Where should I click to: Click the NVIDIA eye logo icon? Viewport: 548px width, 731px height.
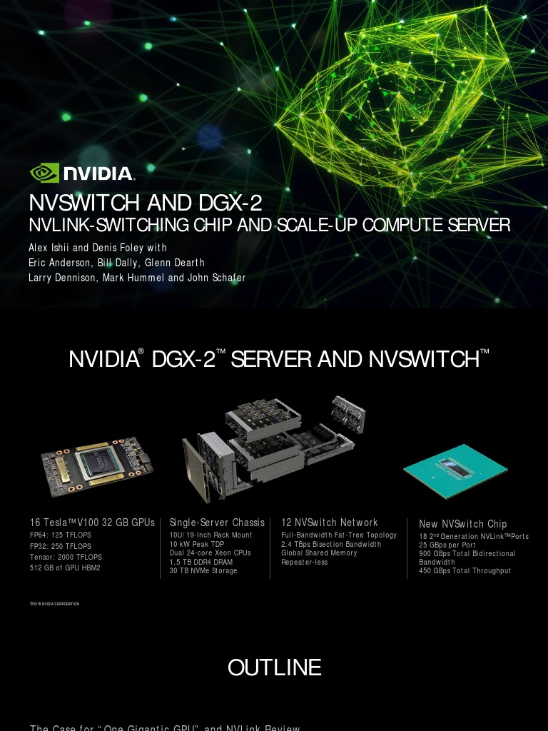[45, 173]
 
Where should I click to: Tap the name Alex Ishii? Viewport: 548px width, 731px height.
[49, 248]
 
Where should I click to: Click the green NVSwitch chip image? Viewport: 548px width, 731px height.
[455, 468]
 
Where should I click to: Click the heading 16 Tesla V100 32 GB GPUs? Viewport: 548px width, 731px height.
[92, 523]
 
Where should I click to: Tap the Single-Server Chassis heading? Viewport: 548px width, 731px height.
[217, 523]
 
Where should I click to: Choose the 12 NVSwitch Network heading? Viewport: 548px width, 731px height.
[330, 523]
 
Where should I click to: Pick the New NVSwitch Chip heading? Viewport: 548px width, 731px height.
[462, 524]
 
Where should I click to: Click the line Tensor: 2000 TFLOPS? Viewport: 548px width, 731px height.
[66, 557]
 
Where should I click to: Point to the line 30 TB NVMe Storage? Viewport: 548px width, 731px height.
[203, 571]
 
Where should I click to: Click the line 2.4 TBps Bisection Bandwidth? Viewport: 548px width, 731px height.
[331, 544]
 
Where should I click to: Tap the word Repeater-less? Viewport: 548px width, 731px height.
[305, 563]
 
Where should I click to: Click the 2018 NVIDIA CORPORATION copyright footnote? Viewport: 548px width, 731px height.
[55, 604]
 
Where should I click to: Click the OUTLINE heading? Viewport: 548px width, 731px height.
[274, 667]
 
